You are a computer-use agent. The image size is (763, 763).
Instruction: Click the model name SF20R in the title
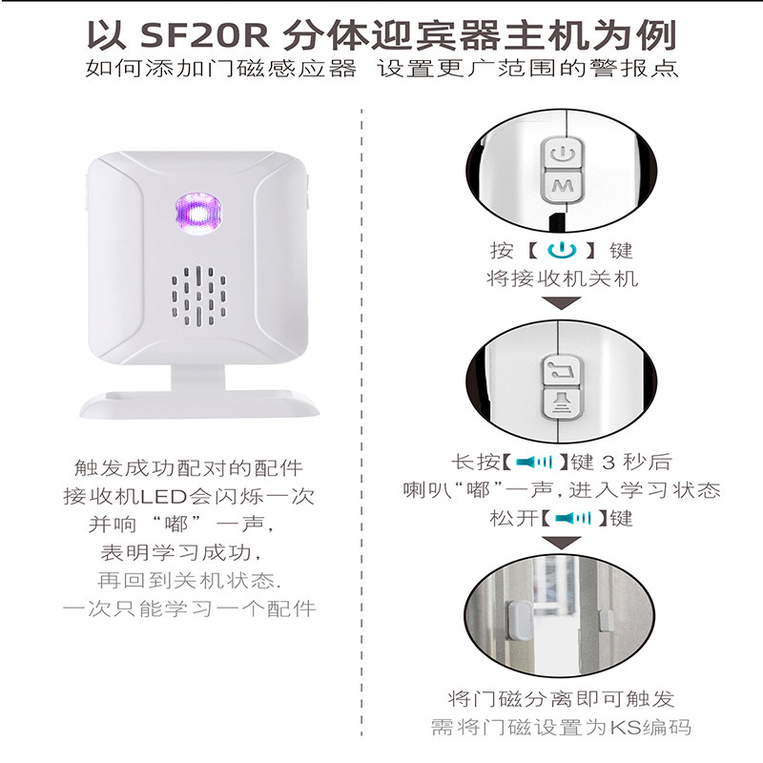tap(204, 35)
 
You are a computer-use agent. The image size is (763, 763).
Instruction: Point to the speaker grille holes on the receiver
tap(200, 295)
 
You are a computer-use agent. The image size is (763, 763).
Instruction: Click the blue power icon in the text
tap(561, 251)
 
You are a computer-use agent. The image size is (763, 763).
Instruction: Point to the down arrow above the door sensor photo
tap(561, 545)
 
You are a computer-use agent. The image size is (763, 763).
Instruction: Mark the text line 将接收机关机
tap(561, 278)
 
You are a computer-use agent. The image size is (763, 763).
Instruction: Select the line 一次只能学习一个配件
tap(190, 608)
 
